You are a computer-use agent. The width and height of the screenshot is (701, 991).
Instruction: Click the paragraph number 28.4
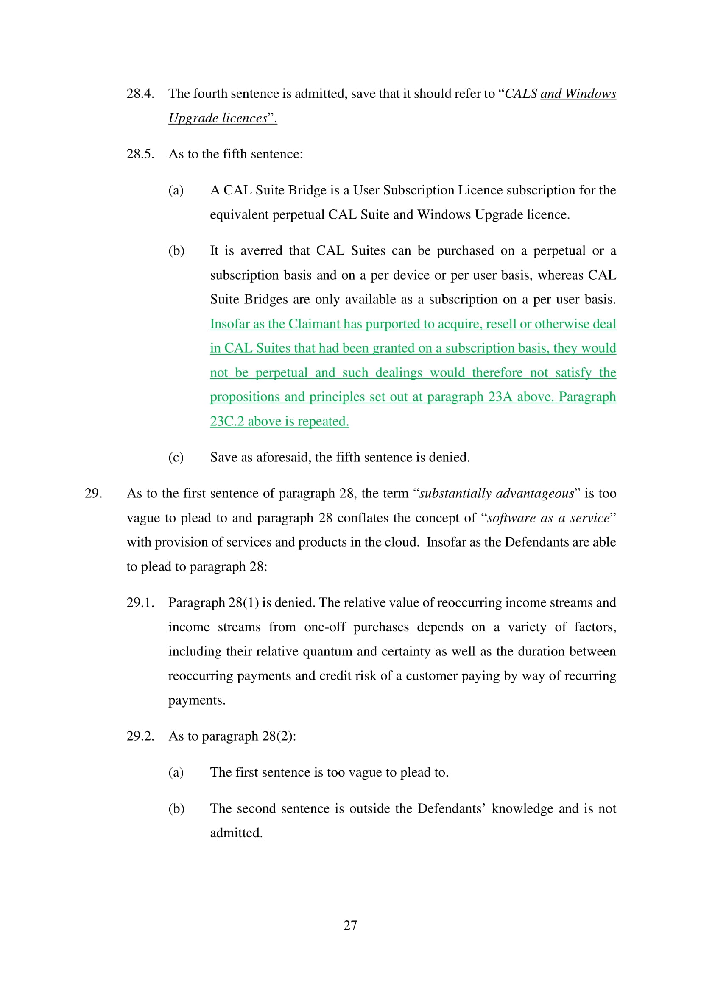[140, 94]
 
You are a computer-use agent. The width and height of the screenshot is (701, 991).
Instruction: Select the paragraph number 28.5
[140, 154]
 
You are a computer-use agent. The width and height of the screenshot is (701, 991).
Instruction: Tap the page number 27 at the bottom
[350, 925]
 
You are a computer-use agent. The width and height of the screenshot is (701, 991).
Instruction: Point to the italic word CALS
[520, 94]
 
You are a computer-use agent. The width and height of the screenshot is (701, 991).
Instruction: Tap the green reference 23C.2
[227, 421]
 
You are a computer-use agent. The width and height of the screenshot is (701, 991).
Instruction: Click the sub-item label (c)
[176, 458]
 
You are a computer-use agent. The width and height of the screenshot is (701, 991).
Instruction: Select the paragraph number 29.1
[140, 602]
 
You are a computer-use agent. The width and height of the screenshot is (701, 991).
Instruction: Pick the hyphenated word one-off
[324, 627]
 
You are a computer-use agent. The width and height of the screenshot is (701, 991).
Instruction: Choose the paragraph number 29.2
[140, 736]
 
